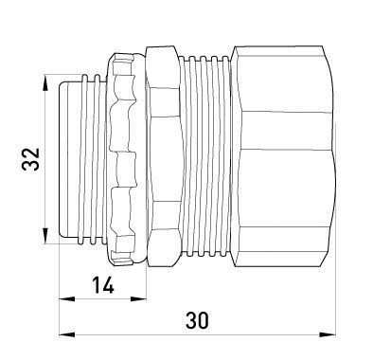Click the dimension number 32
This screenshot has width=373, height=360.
point(31,158)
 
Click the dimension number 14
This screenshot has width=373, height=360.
point(103,286)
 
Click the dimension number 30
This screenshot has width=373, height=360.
point(197,320)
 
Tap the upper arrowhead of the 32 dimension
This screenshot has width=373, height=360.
point(45,82)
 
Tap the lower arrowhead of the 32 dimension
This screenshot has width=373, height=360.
point(45,236)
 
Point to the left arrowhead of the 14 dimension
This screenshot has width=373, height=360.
point(67,298)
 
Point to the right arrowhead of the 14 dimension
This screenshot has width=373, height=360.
point(138,298)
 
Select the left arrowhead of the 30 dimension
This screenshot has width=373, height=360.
point(67,334)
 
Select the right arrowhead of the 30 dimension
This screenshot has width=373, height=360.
point(328,334)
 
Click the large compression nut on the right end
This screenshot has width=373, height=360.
point(282,157)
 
